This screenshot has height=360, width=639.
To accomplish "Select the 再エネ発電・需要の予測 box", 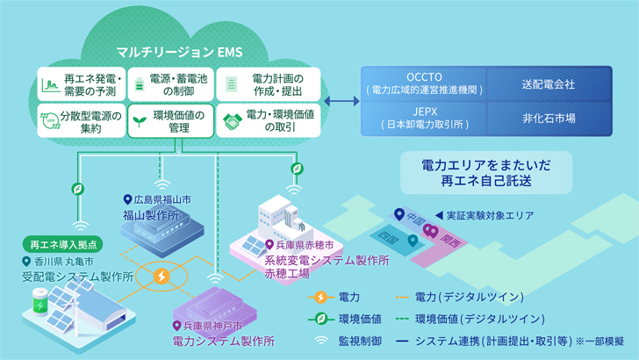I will (x=81, y=83).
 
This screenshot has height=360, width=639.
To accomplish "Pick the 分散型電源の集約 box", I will (x=81, y=119).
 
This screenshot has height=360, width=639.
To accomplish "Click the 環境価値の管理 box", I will (x=170, y=119).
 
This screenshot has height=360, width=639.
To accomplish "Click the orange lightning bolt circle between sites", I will (x=162, y=277).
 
